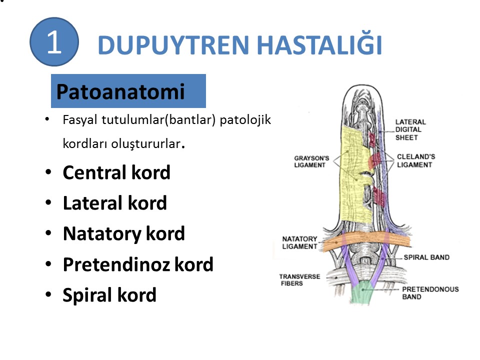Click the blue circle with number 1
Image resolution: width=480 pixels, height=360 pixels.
[54, 41]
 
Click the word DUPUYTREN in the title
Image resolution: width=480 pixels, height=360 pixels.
[173, 45]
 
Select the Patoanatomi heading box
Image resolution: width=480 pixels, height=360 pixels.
[128, 91]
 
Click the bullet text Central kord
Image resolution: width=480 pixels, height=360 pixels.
[116, 172]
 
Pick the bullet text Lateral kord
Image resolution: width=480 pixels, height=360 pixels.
[115, 203]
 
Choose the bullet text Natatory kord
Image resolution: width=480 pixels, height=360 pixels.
[123, 234]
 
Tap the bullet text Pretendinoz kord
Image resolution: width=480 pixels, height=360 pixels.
[138, 264]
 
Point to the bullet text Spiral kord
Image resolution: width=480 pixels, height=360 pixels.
[109, 295]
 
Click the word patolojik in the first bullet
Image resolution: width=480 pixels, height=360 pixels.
[245, 120]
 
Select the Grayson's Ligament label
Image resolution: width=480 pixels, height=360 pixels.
[311, 161]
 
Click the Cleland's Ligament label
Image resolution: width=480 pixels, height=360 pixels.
[415, 160]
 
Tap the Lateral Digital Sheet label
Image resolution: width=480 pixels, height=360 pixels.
[410, 130]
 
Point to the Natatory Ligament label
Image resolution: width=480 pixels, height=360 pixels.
[299, 243]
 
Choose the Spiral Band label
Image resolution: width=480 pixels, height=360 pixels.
[426, 257]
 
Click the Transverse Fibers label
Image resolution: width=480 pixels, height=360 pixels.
[299, 280]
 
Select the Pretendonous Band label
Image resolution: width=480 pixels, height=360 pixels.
[430, 293]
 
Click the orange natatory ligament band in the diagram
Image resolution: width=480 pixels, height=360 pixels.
[366, 240]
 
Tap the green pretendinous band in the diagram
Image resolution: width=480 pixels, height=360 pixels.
[362, 292]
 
